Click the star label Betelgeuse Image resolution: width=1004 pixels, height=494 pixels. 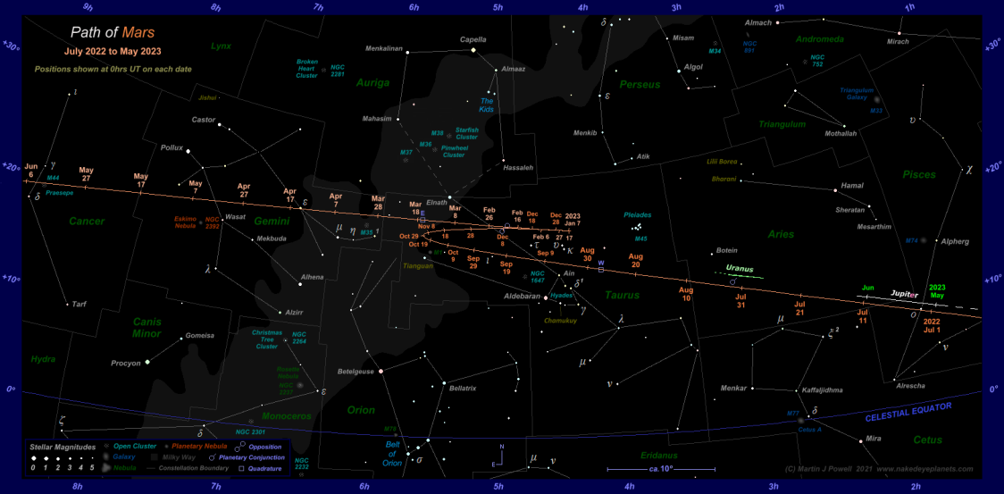pyautogui.click(x=355, y=371)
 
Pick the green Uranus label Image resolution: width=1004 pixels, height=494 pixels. pyautogui.click(x=740, y=268)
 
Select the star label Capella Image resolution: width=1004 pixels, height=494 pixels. pyautogui.click(x=473, y=39)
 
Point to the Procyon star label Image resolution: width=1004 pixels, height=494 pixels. pyautogui.click(x=126, y=364)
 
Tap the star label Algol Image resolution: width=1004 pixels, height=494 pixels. pyautogui.click(x=692, y=66)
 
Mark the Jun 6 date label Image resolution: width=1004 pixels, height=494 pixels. pyautogui.click(x=32, y=171)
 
